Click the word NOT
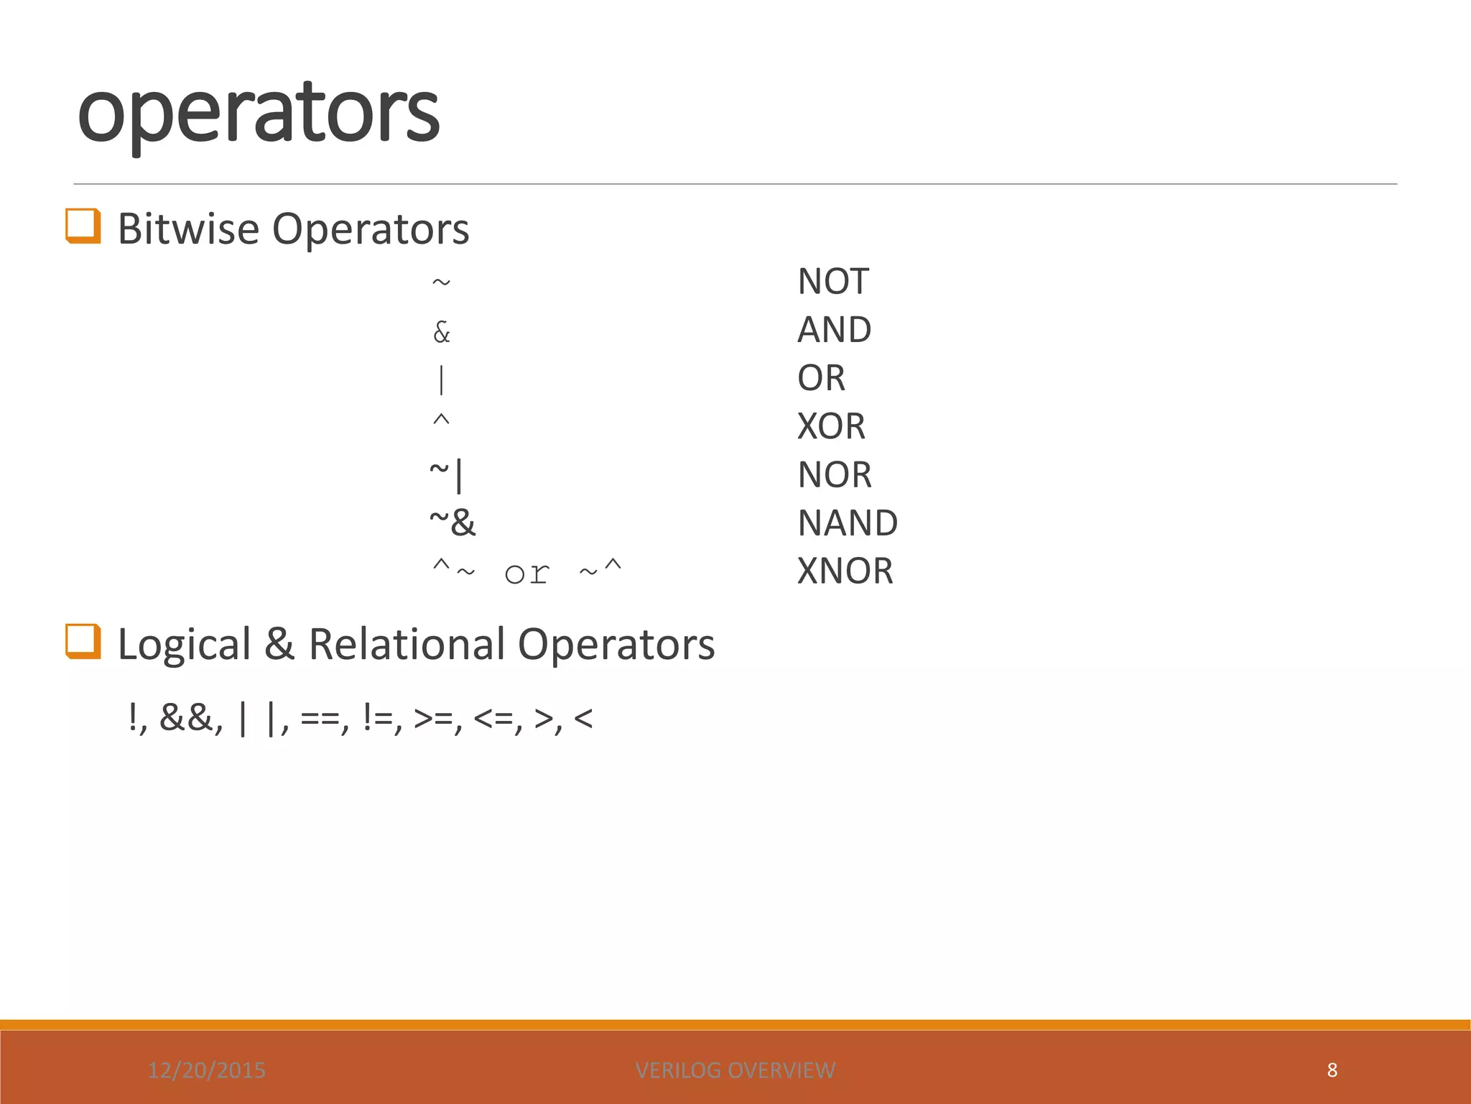(833, 281)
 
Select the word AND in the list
(835, 330)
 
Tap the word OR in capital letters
(821, 378)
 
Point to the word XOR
(831, 426)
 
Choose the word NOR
(835, 474)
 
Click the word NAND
(848, 523)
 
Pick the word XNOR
(845, 571)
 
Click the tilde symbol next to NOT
(441, 282)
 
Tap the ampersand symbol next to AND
(442, 332)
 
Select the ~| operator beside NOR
(447, 474)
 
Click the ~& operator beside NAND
(453, 523)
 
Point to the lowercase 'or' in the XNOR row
(527, 574)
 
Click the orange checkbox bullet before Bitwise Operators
(83, 226)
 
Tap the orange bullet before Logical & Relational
(83, 641)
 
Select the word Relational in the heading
(407, 643)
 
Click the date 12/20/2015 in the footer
(207, 1070)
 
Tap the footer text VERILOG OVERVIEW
(735, 1070)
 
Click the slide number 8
(1332, 1070)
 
